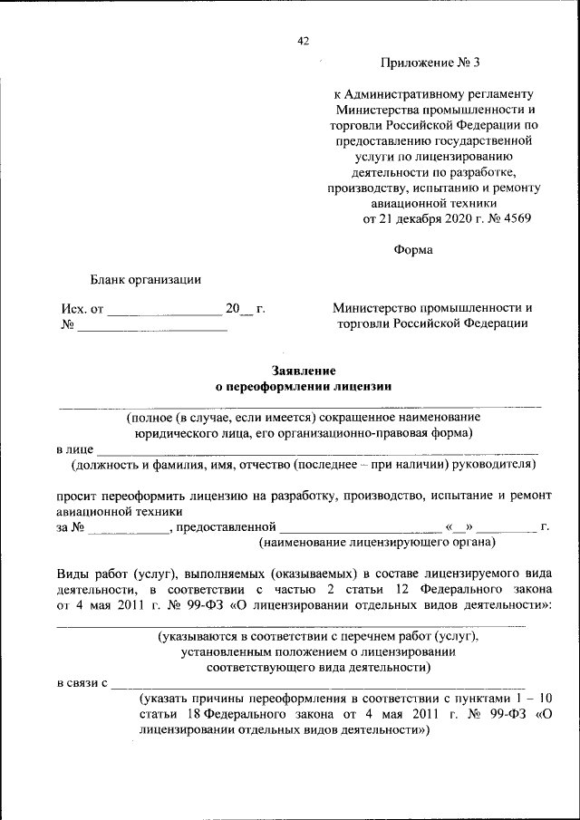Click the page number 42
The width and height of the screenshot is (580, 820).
pyautogui.click(x=304, y=41)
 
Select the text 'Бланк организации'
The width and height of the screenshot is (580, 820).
pyautogui.click(x=145, y=279)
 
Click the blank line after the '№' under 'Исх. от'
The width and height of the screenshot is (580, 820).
pyautogui.click(x=151, y=329)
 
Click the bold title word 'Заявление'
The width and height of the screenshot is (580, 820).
pyautogui.click(x=304, y=370)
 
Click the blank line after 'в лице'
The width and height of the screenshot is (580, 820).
pyautogui.click(x=317, y=450)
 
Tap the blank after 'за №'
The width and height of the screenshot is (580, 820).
pyautogui.click(x=129, y=529)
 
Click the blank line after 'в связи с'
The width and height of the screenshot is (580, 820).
pyautogui.click(x=317, y=684)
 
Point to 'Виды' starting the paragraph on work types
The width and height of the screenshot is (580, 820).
pyautogui.click(x=73, y=574)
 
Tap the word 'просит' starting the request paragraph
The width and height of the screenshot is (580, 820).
pyautogui.click(x=75, y=497)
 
